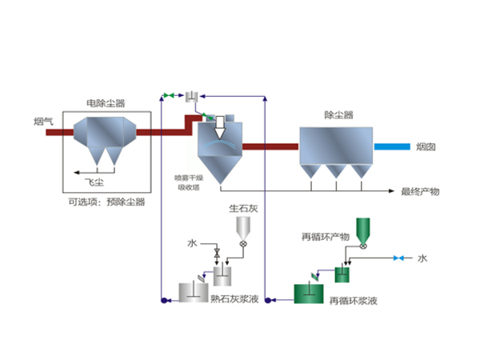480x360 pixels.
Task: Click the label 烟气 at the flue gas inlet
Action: tap(44, 121)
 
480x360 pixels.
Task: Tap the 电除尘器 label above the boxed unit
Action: tap(106, 104)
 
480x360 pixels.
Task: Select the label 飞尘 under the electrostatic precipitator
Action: tap(95, 182)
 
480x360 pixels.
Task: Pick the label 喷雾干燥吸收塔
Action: tap(190, 182)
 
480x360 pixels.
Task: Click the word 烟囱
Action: tap(426, 147)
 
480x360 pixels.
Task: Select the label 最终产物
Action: tap(420, 192)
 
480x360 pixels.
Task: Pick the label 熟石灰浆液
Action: tap(234, 298)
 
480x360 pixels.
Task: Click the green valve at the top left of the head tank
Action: tap(169, 96)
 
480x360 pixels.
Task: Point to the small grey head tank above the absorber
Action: tap(192, 97)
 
